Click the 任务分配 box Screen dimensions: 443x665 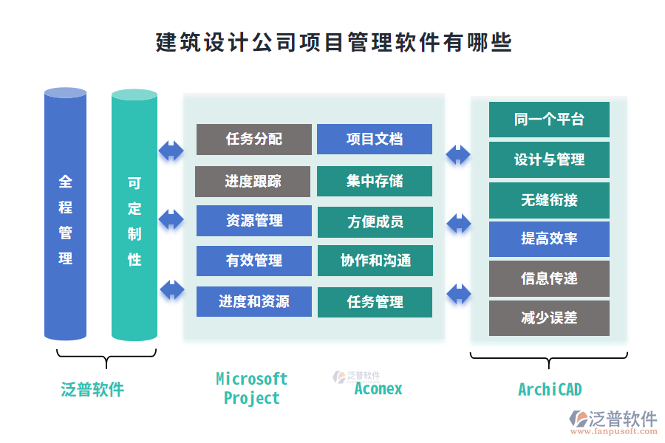[253, 139]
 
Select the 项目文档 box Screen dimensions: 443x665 [375, 139]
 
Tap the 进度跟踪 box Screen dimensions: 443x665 [253, 182]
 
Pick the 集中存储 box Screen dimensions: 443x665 [375, 182]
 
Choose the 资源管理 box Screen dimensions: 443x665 [253, 221]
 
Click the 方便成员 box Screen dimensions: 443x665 [375, 222]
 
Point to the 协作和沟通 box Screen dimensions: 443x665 [375, 261]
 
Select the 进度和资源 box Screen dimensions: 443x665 [253, 301]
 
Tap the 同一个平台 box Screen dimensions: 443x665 [549, 120]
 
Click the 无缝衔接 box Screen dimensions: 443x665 [549, 199]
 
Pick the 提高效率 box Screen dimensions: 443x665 [549, 238]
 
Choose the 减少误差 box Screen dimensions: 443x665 [549, 318]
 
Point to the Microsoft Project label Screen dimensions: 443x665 [252, 388]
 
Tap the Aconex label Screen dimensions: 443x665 [378, 388]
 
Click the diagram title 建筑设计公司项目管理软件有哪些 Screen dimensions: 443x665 [333, 42]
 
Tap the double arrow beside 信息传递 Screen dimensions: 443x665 [459, 293]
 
